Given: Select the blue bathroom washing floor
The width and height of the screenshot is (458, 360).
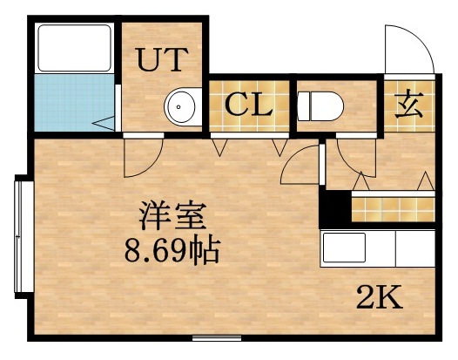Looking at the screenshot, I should (74, 105).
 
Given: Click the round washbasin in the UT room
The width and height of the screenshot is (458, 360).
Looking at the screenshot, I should (182, 107).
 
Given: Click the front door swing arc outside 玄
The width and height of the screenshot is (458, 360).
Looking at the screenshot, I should (407, 51).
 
